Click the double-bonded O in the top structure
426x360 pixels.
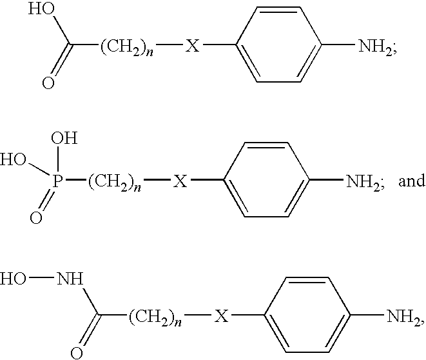click(48, 83)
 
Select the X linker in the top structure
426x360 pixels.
click(192, 45)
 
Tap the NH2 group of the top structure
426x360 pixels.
click(375, 46)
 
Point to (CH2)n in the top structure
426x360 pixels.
click(127, 46)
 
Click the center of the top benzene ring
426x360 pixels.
click(279, 45)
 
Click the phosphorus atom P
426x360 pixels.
click(57, 181)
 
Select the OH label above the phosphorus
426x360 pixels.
click(64, 138)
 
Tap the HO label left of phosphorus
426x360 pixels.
click(13, 159)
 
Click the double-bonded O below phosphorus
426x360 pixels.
click(36, 218)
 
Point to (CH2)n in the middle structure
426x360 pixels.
click(114, 182)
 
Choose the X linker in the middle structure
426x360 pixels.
click(180, 181)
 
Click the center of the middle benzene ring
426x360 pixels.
click(267, 179)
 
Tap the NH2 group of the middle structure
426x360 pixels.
click(363, 182)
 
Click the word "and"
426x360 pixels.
click(412, 181)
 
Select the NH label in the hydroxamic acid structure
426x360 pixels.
click(70, 279)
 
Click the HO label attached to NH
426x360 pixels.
click(13, 279)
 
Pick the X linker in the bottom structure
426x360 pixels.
click(222, 316)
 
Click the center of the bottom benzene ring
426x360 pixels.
click(307, 315)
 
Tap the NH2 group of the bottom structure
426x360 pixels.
click(403, 317)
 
